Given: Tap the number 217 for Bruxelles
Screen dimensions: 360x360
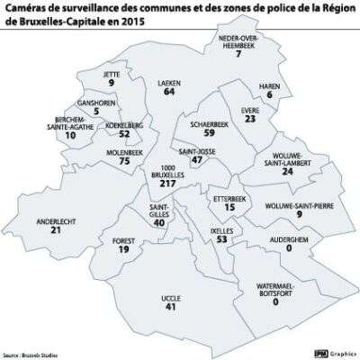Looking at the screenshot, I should (x=166, y=184).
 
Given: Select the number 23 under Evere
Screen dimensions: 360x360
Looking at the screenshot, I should (x=250, y=118).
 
